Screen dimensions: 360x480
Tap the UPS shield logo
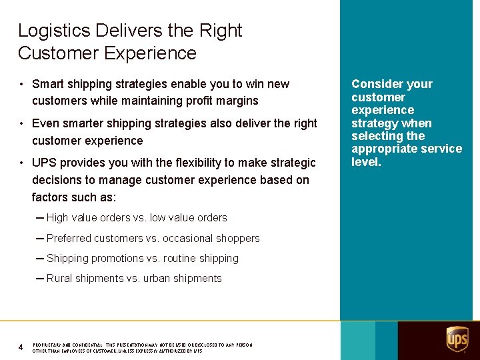click(x=457, y=339)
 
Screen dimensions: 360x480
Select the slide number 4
click(x=21, y=347)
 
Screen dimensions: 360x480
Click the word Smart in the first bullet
click(x=47, y=84)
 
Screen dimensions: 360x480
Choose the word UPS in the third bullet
click(x=44, y=163)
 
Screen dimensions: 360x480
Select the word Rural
click(x=60, y=278)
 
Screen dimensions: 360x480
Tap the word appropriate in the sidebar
click(x=383, y=149)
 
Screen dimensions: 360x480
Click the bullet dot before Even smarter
click(x=23, y=123)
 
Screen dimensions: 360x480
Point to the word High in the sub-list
click(x=57, y=217)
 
